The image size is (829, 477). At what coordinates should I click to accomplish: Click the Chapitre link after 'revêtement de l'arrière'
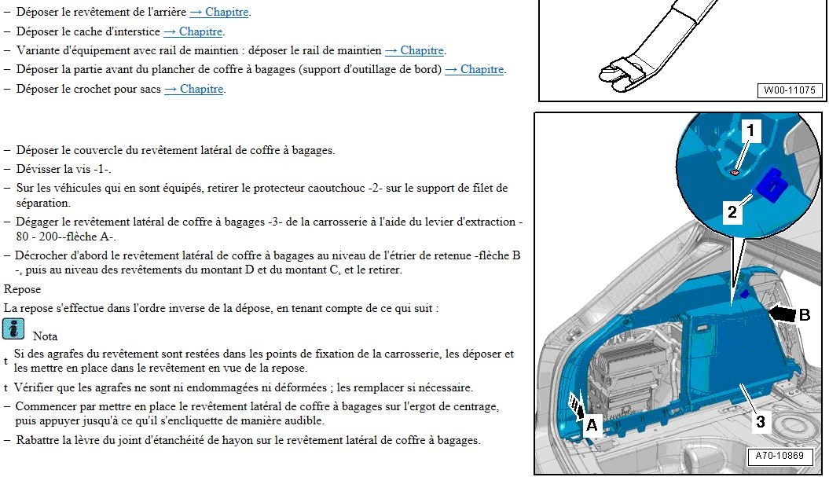click(x=219, y=12)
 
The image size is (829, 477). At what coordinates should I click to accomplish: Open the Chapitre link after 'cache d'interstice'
click(x=193, y=31)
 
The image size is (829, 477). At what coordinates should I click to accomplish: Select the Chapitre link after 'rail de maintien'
click(x=415, y=50)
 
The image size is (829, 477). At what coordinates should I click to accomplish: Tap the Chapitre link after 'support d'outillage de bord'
click(x=475, y=69)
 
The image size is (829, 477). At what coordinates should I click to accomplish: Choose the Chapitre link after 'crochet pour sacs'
click(x=194, y=89)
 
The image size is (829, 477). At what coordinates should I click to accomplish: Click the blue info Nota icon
click(x=13, y=329)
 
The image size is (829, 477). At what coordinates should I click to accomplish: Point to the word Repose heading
click(x=22, y=289)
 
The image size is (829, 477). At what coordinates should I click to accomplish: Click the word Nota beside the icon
click(x=45, y=336)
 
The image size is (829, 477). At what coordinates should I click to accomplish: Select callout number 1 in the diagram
click(x=750, y=130)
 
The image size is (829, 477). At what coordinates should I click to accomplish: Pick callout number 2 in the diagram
click(x=732, y=212)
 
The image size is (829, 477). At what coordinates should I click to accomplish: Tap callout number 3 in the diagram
click(x=761, y=421)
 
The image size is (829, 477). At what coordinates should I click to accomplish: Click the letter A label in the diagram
click(x=592, y=424)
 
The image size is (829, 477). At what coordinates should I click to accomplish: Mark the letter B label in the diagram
click(x=804, y=315)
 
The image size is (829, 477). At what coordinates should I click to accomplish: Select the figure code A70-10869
click(x=779, y=456)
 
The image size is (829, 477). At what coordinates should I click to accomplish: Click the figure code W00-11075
click(x=790, y=90)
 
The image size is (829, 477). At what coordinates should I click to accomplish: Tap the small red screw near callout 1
click(x=733, y=171)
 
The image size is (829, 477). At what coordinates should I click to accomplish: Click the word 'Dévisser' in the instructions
click(x=37, y=169)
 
